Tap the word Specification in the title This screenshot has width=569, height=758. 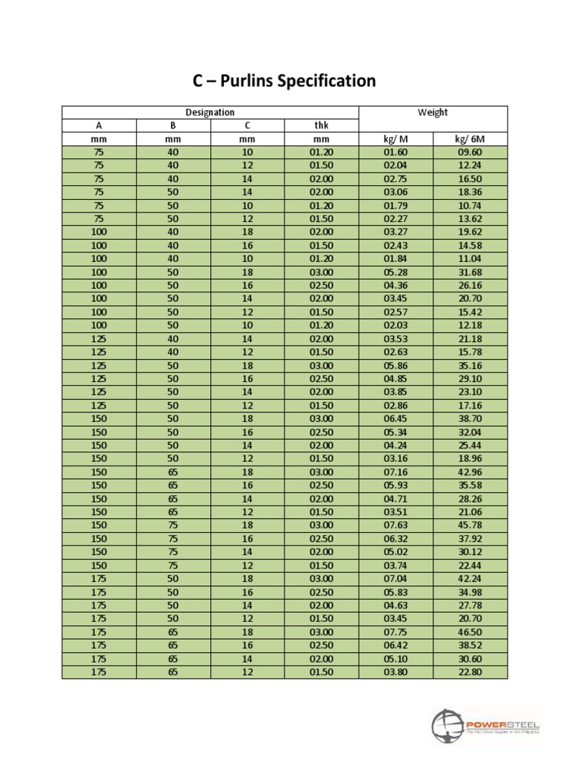click(327, 81)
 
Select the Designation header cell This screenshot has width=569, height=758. click(210, 113)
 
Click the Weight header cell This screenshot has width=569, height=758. click(433, 113)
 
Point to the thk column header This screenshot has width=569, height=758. click(322, 126)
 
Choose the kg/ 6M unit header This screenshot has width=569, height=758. click(470, 139)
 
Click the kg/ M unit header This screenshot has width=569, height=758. click(396, 139)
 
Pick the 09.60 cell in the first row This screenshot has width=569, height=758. click(470, 152)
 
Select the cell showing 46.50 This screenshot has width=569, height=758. click(470, 632)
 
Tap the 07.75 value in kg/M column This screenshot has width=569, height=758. click(396, 632)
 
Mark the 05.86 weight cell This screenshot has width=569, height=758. click(396, 366)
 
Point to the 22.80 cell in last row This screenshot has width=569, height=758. click(470, 672)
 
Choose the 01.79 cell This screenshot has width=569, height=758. click(396, 206)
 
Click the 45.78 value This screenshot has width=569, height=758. click(470, 526)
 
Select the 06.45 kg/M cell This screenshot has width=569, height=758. click(396, 419)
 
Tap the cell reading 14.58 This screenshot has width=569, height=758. click(470, 246)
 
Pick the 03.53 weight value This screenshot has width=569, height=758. click(396, 339)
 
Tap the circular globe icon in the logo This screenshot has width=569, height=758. click(447, 725)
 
